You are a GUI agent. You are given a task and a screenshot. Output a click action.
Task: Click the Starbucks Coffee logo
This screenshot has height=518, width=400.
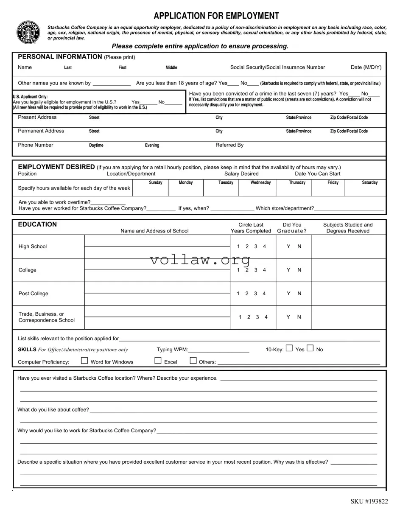28,32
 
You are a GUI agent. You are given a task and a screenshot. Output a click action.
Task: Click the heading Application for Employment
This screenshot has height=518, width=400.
216,16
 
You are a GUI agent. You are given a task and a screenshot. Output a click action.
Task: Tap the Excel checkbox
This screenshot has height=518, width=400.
158,361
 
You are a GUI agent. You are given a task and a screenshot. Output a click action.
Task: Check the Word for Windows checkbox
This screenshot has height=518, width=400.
84,361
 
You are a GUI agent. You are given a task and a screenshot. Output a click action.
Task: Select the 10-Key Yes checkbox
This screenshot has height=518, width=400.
289,348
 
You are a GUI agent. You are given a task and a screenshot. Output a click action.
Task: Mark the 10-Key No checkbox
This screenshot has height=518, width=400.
310,348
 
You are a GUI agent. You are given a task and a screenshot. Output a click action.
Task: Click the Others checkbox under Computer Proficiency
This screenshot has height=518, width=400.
193,361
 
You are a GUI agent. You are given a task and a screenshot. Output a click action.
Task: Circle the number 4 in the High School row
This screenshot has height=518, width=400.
264,246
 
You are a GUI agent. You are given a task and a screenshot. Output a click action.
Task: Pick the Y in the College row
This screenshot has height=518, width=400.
288,270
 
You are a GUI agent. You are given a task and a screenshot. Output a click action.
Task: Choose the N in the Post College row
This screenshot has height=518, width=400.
299,294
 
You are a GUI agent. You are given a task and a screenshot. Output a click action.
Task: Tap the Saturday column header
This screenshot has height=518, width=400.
369,182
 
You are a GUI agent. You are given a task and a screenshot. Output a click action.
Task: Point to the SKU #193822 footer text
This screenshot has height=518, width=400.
369,501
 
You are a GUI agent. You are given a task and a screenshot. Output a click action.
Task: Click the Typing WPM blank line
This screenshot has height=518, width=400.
218,350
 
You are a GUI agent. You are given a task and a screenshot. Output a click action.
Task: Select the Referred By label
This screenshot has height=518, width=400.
229,145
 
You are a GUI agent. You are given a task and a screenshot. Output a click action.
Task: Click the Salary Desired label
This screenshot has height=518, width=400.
241,174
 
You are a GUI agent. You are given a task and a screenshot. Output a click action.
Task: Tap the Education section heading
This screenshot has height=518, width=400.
37,224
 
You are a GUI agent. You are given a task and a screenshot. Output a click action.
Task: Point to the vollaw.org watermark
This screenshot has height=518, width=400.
200,260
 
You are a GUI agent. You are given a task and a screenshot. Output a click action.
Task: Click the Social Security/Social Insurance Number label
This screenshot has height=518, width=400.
277,67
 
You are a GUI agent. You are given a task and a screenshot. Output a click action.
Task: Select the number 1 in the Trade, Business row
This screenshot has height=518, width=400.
240,317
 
